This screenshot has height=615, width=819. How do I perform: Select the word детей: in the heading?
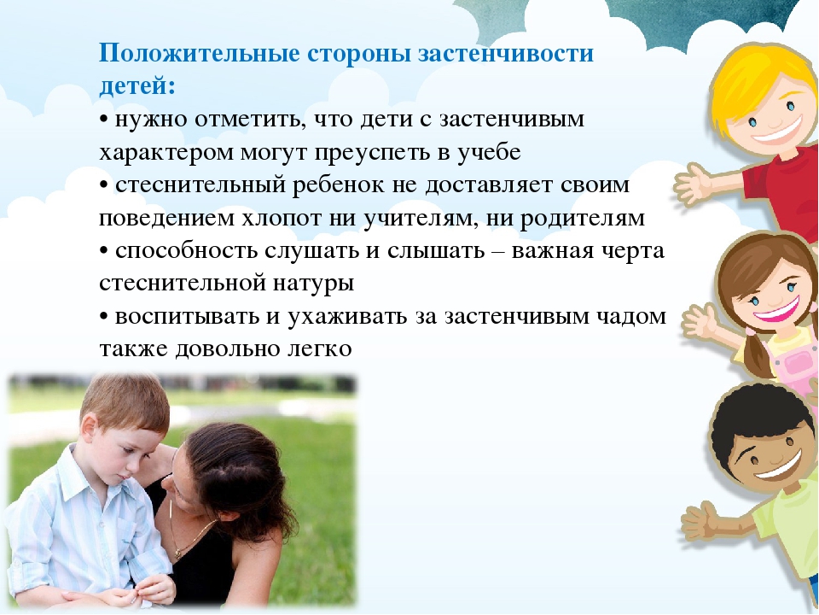137,85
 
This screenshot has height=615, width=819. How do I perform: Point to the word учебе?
490,152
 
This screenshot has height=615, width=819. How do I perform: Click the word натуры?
313,284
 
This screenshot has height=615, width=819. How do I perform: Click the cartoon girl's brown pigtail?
755,355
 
